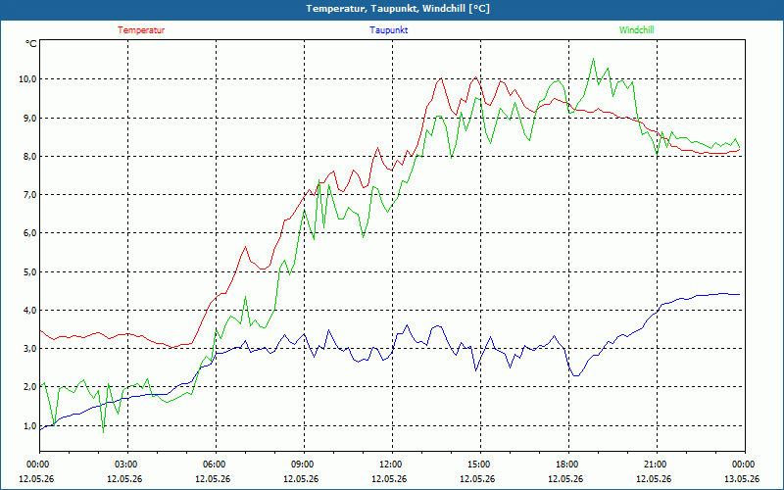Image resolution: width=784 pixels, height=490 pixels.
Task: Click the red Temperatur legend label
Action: coord(141,30)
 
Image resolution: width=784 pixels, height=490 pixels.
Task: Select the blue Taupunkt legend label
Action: coord(388,30)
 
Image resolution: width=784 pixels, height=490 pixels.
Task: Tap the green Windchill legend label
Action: coord(636,30)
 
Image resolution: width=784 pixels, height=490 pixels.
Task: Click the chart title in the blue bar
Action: coord(398,9)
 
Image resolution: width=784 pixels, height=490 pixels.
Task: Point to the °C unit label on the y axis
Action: coord(31,44)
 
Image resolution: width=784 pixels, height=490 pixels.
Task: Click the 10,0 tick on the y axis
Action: coord(26,79)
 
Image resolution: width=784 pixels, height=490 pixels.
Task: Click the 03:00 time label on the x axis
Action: coord(127,465)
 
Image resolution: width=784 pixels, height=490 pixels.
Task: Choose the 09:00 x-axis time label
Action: coord(304,465)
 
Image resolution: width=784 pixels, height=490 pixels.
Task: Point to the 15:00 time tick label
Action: coord(480,465)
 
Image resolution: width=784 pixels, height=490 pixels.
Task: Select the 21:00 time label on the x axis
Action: coord(657,465)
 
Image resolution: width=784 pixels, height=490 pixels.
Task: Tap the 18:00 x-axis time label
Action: coord(568,465)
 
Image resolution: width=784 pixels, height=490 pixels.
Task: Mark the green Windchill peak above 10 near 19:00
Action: coord(593,59)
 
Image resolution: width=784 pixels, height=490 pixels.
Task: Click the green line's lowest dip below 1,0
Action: coord(104,432)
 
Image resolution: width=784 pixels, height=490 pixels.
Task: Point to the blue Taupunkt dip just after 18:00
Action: coord(576,375)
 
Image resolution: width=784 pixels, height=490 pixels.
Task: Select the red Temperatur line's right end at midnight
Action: coord(740,149)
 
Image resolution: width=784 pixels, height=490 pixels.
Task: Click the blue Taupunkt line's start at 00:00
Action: coord(40,430)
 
